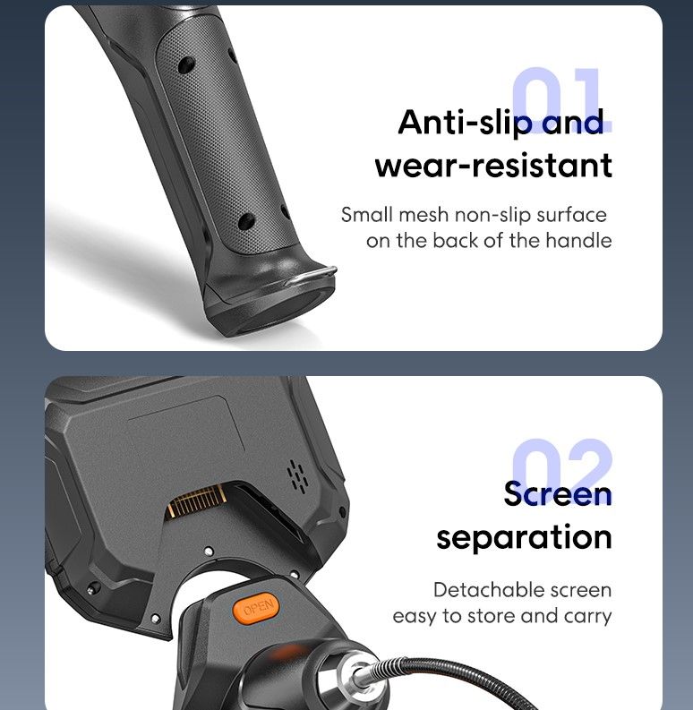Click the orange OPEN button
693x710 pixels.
click(256, 608)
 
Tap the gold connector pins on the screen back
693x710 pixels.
click(196, 501)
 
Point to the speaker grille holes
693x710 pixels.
click(298, 476)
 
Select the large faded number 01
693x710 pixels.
click(561, 99)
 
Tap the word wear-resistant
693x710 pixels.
click(493, 166)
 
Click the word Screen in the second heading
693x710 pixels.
click(558, 493)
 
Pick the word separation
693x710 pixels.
click(524, 538)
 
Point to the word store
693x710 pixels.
click(492, 616)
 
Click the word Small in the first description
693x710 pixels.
click(367, 215)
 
